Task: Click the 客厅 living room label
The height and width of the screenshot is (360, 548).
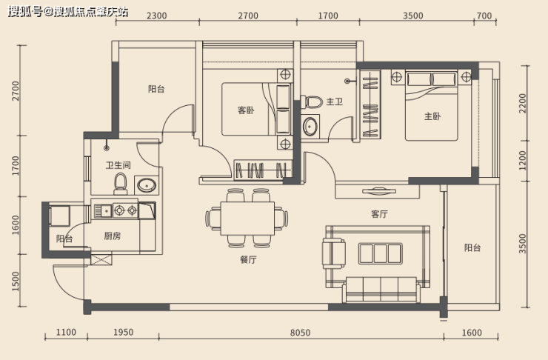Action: (379, 213)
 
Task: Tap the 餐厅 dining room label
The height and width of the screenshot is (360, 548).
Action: (249, 259)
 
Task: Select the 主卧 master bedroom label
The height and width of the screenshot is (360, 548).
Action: (432, 116)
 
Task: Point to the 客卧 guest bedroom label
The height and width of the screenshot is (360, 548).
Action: (246, 110)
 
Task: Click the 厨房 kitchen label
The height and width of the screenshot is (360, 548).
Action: (112, 236)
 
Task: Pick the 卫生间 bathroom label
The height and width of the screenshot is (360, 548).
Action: (118, 164)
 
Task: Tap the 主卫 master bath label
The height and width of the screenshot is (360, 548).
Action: (335, 101)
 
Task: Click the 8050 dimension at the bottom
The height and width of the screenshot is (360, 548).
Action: (300, 333)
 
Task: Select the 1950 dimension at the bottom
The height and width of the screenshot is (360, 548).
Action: (123, 332)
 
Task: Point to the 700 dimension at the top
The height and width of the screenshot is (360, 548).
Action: (484, 16)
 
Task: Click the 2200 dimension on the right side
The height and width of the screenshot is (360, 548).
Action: (522, 103)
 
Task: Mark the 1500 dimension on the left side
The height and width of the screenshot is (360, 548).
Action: (16, 281)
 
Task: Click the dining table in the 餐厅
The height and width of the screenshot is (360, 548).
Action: (247, 219)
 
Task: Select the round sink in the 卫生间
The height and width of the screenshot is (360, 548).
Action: (147, 185)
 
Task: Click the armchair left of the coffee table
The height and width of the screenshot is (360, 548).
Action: (334, 253)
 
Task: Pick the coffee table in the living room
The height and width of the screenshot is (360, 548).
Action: (380, 253)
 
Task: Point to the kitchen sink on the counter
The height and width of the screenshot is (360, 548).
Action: (103, 210)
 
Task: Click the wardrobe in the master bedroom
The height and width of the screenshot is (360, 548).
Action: (370, 104)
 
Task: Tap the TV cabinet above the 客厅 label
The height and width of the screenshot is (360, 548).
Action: (378, 191)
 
